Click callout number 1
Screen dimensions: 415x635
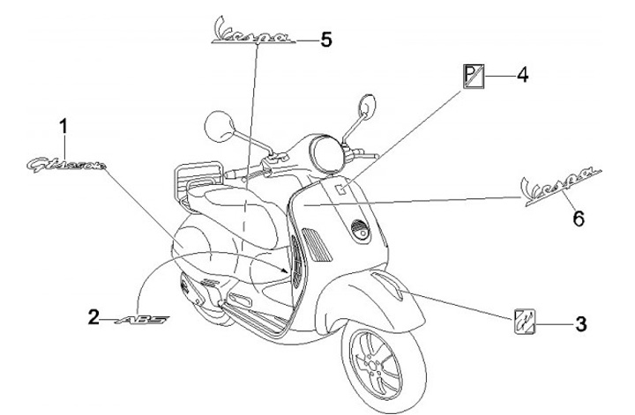coord(63,127)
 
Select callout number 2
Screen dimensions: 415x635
coord(93,315)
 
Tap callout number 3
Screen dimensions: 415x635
coord(579,324)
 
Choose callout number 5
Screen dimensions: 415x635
coord(325,40)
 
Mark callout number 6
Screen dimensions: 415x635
coord(579,217)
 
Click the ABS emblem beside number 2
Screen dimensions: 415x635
coord(142,317)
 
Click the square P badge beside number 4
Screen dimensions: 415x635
coord(474,77)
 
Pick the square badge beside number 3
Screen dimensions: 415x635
coord(526,322)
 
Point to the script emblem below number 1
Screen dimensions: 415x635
coord(77,163)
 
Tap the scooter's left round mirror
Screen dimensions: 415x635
coord(217,125)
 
